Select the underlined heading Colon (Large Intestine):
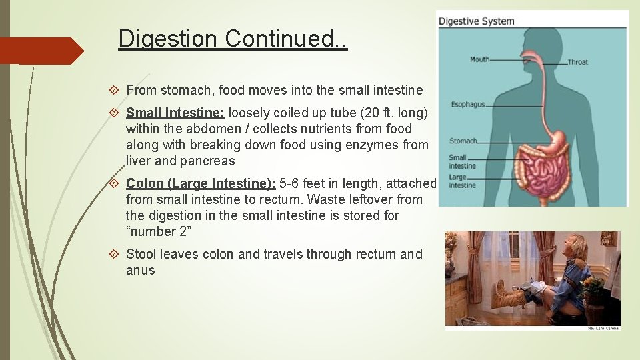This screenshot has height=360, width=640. click(201, 183)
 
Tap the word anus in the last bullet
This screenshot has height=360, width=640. click(140, 270)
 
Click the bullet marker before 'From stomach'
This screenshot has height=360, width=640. click(114, 89)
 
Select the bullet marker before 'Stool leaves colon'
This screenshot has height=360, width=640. click(114, 254)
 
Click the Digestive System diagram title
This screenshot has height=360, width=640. click(476, 21)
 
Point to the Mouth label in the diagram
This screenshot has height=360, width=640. click(479, 59)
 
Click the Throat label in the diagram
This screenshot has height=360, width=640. click(577, 62)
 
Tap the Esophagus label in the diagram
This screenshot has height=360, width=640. click(467, 105)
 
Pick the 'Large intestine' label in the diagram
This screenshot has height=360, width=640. click(462, 181)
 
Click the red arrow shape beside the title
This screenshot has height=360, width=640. click(41, 51)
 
